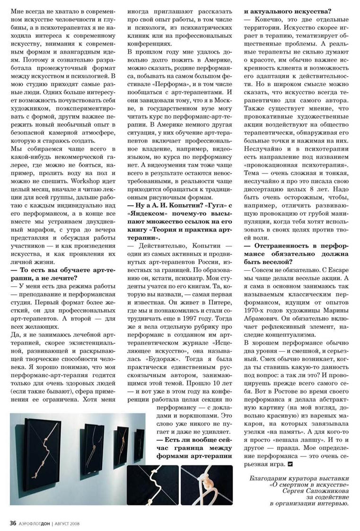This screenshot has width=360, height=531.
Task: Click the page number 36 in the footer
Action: pos(13,522)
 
